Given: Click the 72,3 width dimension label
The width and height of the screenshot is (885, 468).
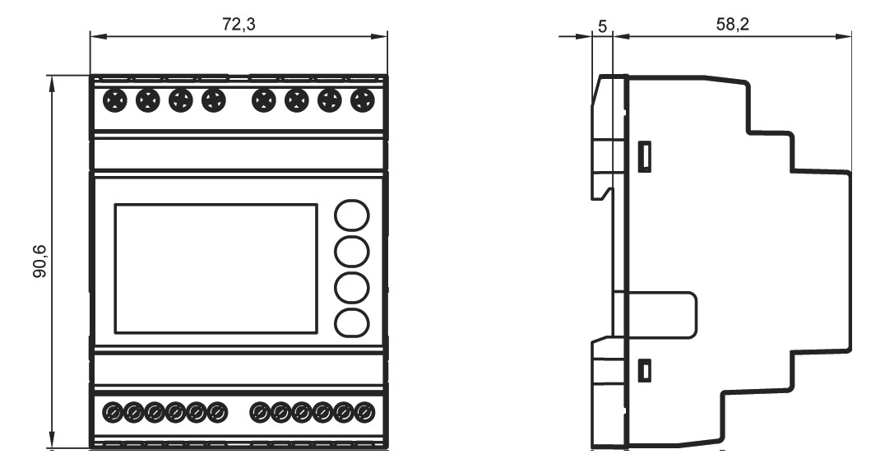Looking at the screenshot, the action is (x=239, y=25).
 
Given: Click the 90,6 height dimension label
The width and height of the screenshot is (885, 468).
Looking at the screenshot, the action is (x=40, y=262).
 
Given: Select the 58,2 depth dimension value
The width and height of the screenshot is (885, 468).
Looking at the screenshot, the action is (x=733, y=25).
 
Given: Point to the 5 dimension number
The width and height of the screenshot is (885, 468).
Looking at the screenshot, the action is (x=602, y=26).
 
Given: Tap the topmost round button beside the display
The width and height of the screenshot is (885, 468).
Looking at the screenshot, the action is (x=352, y=215).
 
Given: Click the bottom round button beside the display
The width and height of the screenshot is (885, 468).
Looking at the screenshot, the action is (x=352, y=323).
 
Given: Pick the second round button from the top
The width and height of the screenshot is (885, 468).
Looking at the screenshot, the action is (x=352, y=251).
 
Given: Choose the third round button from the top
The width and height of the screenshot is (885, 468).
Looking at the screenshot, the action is (x=352, y=287).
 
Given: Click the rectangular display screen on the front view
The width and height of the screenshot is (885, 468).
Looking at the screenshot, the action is (x=216, y=269).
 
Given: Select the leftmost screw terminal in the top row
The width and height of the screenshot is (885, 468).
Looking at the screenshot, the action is (x=114, y=101).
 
